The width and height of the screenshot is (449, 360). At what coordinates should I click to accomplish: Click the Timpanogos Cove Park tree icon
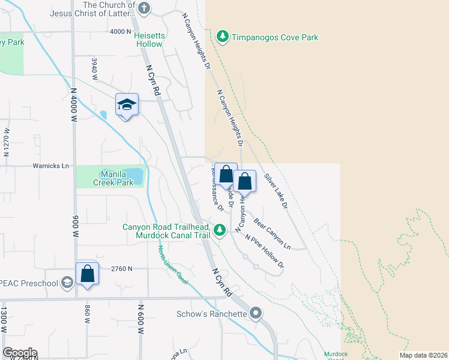(x=223, y=37)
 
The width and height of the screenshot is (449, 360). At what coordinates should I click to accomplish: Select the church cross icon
(x=143, y=8)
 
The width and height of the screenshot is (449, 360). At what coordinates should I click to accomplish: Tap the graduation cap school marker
(x=127, y=105)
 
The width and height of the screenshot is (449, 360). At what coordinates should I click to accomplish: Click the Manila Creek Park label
(x=109, y=178)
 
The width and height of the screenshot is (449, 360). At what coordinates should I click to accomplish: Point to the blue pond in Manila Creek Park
(x=136, y=176)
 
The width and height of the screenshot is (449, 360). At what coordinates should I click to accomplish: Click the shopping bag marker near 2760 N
(x=88, y=273)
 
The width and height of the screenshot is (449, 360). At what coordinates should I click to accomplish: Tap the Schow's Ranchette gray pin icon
(x=256, y=313)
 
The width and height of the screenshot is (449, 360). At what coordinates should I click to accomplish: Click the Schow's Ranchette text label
(x=212, y=314)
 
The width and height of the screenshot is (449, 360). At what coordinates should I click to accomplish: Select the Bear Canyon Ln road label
(x=272, y=234)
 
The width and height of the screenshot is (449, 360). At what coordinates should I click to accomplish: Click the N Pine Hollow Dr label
(x=264, y=251)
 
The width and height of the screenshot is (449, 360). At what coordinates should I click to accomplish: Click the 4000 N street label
(x=120, y=31)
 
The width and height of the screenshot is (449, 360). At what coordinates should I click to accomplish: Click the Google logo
(x=20, y=353)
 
